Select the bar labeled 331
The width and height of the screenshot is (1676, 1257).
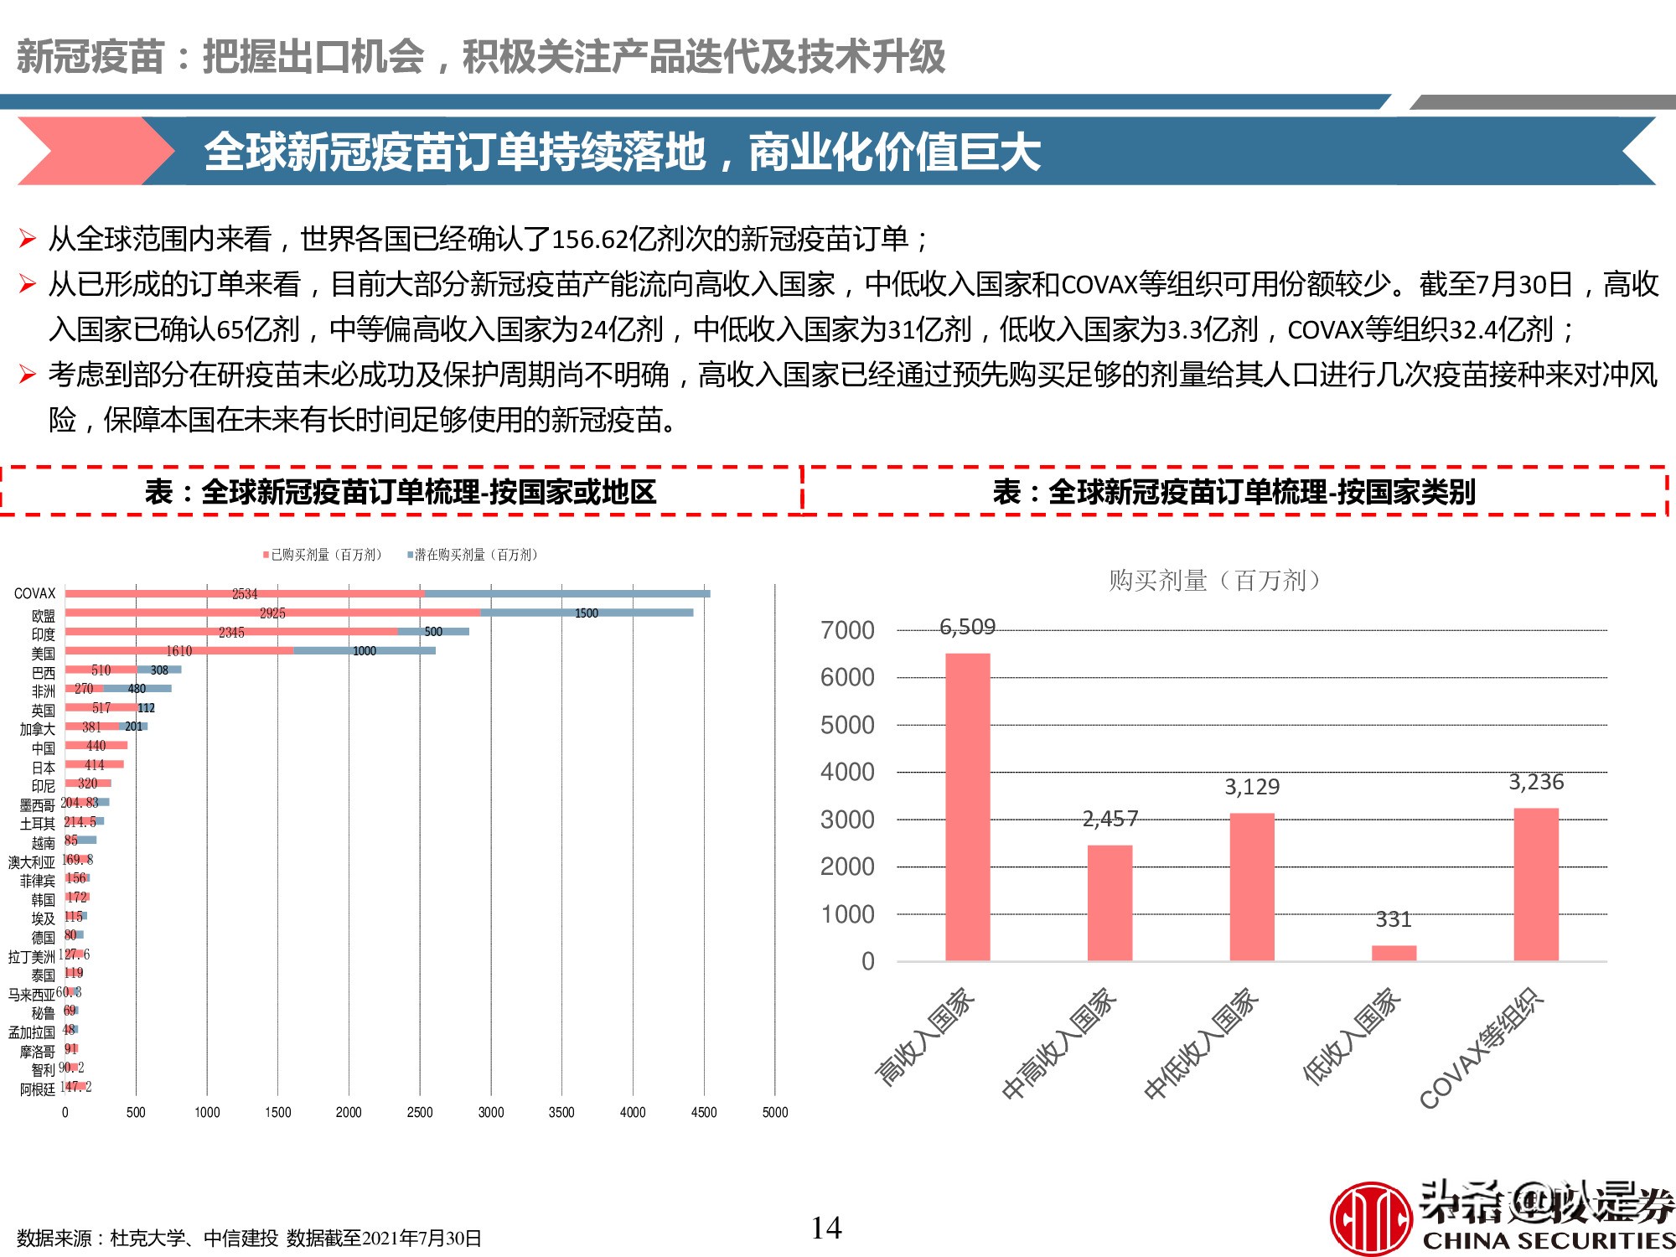(x=1394, y=953)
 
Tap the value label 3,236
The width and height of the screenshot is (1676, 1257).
(x=1535, y=782)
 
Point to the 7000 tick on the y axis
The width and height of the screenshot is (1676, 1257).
(x=847, y=630)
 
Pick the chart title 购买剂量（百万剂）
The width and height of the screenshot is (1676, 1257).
(x=1215, y=580)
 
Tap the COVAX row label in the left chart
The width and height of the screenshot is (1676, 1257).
(x=34, y=593)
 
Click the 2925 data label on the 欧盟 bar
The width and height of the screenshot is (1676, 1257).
(x=272, y=613)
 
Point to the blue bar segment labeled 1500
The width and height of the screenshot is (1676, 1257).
(x=587, y=613)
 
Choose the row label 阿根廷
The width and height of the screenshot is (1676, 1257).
(x=38, y=1089)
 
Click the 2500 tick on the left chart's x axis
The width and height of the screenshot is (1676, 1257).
(x=420, y=1113)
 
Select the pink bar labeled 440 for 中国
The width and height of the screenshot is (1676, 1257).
(x=96, y=745)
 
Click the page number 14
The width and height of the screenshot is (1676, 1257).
(x=825, y=1229)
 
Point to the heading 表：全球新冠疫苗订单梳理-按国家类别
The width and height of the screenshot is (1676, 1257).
(x=1234, y=492)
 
